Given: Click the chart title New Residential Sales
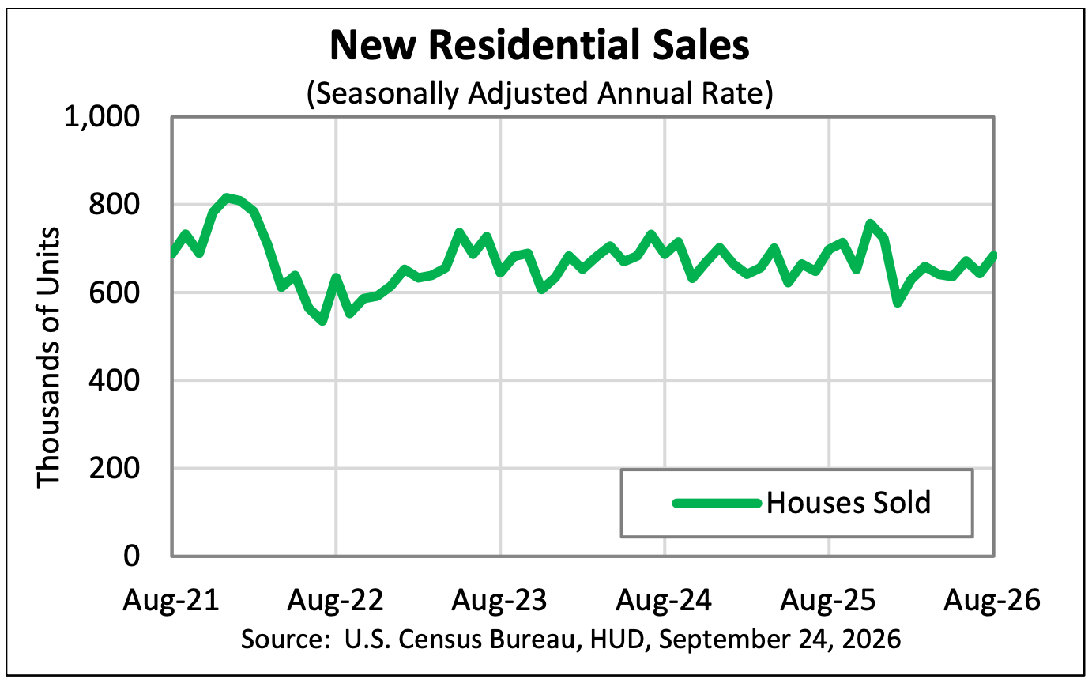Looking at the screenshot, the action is tap(539, 45).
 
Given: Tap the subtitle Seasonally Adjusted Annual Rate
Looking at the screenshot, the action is tap(540, 92).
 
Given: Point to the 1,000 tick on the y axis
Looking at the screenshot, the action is tap(102, 118).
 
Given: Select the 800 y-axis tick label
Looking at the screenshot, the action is tap(114, 205).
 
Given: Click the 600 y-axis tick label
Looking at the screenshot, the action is tap(114, 292).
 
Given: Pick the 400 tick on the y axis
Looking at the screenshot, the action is tap(114, 380).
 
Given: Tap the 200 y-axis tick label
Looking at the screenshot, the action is tap(114, 468).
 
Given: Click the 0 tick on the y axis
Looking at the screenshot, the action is tap(131, 556).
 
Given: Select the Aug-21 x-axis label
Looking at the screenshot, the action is tap(171, 600).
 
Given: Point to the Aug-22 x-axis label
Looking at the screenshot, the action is tap(335, 600).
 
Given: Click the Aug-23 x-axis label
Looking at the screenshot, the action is tap(499, 600).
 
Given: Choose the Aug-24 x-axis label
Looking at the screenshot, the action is tap(664, 600).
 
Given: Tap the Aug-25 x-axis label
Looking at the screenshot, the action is tap(828, 600).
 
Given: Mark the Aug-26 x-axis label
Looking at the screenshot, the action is tap(992, 600).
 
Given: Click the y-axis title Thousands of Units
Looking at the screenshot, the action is tap(48, 357).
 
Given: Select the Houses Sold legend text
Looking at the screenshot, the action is tap(849, 503).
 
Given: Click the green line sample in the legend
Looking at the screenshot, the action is tap(717, 503).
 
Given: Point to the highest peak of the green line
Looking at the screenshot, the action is tap(226, 198).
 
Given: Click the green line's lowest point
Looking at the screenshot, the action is tap(322, 321).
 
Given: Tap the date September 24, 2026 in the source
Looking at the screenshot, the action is tap(780, 639).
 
